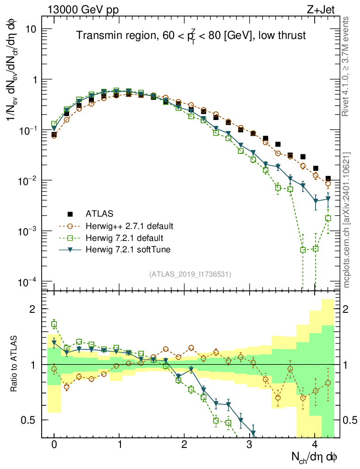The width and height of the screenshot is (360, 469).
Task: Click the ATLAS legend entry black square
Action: (70, 213)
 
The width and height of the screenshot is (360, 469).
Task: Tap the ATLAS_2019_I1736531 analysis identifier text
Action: (190, 274)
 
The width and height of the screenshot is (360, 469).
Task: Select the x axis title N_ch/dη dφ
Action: (315, 457)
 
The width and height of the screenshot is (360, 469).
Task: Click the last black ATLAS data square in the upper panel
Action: (327, 179)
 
